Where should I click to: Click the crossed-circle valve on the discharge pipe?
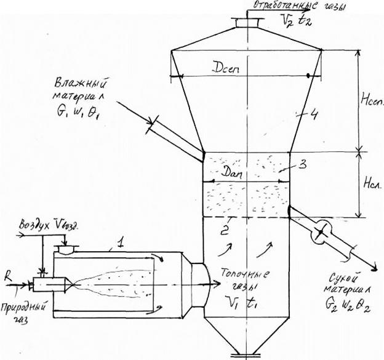click(320, 233)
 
